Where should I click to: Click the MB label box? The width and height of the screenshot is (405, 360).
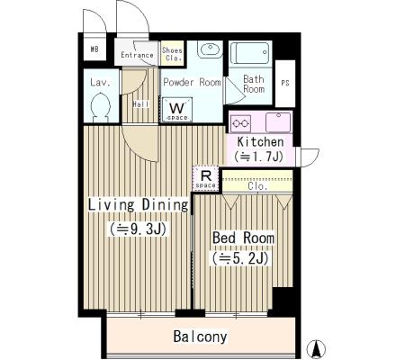[94, 49]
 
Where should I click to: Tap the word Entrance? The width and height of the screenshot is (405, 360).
[137, 55]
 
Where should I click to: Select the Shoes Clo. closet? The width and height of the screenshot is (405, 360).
[172, 53]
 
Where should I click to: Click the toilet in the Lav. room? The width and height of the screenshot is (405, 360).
[101, 107]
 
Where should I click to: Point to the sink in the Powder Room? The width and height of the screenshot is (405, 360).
[210, 49]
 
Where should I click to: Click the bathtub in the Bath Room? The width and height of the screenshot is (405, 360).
[249, 53]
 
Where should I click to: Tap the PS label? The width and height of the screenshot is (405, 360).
[285, 83]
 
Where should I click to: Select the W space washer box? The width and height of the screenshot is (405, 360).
[177, 110]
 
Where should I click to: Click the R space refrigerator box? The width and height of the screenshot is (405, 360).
[205, 178]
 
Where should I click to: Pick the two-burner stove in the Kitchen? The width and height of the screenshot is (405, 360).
[240, 123]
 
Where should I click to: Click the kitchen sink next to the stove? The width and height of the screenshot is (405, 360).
[278, 122]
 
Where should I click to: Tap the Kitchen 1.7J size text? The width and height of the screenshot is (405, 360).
[259, 156]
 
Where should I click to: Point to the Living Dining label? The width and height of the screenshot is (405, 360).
[139, 205]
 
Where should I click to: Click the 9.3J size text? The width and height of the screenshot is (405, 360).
[138, 229]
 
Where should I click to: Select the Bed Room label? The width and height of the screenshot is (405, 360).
[243, 238]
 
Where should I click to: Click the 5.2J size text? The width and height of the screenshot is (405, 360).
[240, 258]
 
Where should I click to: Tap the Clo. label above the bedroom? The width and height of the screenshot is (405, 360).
[257, 186]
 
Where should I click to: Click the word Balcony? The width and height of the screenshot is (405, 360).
[200, 337]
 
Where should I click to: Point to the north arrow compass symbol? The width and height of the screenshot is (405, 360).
[316, 349]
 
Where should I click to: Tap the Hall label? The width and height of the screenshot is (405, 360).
[140, 104]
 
